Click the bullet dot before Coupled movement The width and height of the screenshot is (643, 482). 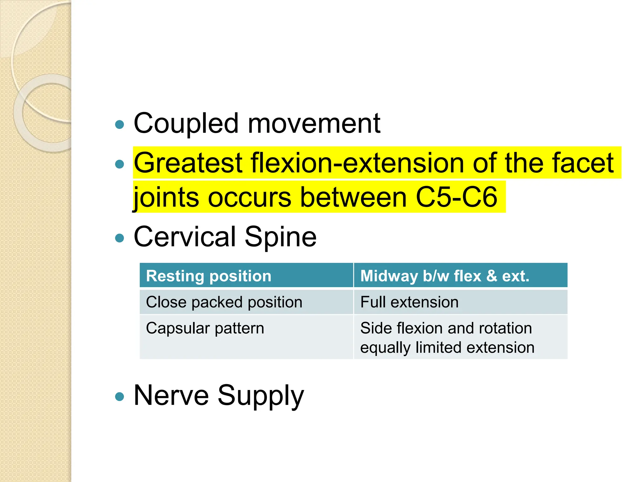(120, 125)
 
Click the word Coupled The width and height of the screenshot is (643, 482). (186, 124)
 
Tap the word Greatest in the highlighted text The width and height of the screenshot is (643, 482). (188, 163)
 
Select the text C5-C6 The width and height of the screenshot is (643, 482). (457, 197)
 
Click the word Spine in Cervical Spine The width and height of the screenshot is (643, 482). (280, 237)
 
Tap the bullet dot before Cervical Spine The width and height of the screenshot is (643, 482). (120, 238)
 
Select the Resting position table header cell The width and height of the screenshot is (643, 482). (246, 276)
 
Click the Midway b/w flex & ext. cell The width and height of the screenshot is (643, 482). (460, 276)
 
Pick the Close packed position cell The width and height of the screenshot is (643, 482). (246, 302)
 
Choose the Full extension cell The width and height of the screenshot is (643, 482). (460, 302)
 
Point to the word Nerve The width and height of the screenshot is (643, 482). (171, 395)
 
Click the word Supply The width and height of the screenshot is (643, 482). (261, 396)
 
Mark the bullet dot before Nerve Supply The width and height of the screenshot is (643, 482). (120, 397)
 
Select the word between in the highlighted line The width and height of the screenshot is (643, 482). (354, 197)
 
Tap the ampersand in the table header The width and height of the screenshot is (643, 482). (491, 276)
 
